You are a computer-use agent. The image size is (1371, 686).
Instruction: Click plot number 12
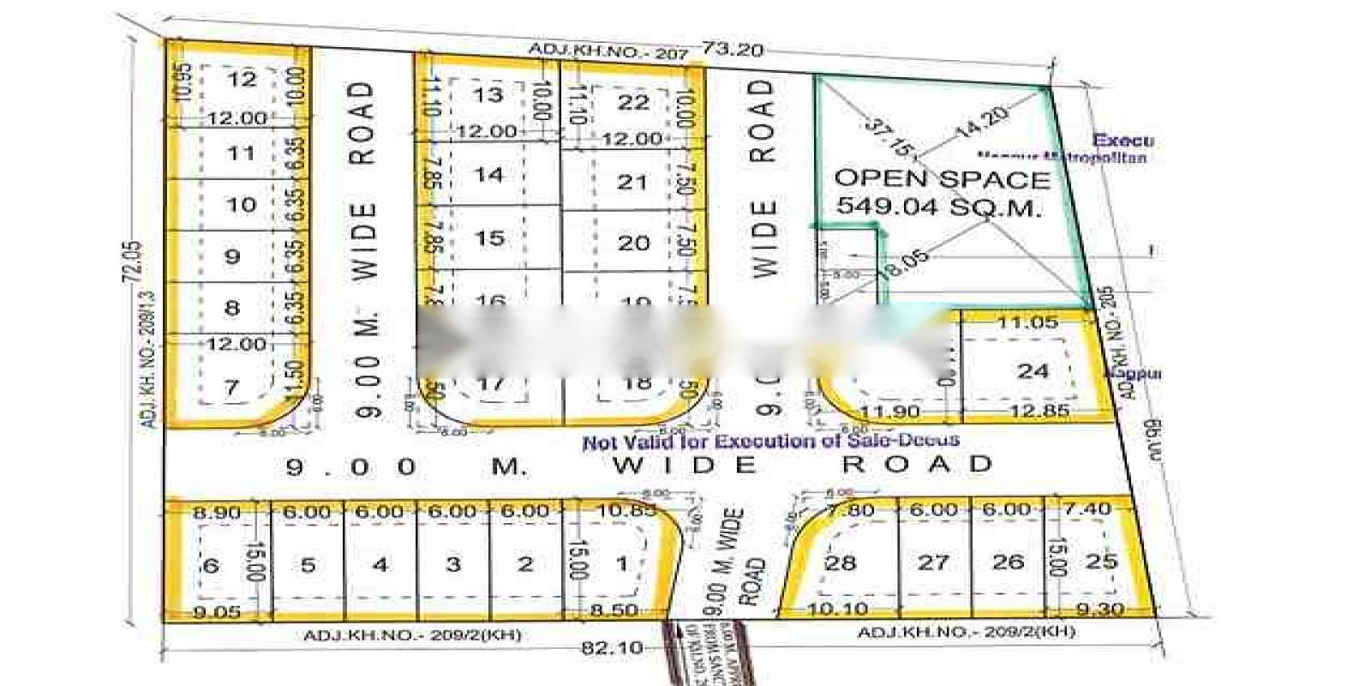point(242,80)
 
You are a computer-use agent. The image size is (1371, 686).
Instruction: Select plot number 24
point(1033,371)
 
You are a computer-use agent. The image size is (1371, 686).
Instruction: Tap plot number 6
point(210,565)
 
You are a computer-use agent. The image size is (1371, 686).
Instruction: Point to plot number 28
point(840,563)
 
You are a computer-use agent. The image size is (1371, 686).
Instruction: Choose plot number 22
point(633,102)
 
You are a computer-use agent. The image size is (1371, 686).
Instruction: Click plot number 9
point(232,256)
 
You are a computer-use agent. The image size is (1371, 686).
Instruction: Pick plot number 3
point(453,564)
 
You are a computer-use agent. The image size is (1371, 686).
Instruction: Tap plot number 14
point(488,175)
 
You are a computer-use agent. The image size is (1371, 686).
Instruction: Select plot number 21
point(632,182)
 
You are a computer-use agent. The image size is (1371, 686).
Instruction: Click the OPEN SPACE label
point(942,179)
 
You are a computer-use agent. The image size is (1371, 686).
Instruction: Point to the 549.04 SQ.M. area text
point(939,207)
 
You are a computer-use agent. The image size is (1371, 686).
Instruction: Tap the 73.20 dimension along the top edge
point(733,50)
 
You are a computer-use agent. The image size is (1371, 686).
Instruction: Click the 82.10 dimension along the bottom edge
point(612,647)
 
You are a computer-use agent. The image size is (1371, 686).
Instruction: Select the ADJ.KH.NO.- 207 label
point(608,51)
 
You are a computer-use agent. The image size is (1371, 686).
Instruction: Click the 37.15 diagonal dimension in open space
point(889,136)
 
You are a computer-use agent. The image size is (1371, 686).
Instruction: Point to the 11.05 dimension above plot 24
point(1027,322)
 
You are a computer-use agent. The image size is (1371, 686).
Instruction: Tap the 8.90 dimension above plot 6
point(217,512)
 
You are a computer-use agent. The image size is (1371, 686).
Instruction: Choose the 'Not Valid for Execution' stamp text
point(770,442)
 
